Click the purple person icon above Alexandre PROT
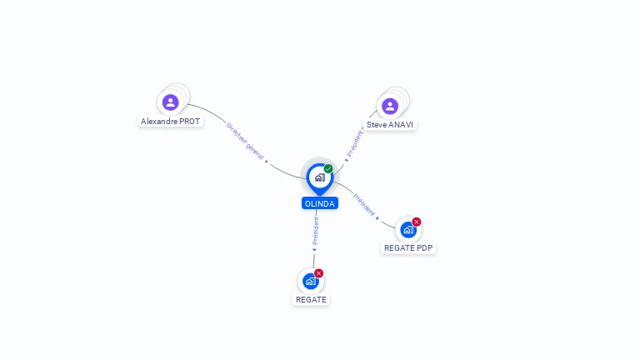tap(170, 102)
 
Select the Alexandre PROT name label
tap(171, 121)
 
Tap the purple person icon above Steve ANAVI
tap(389, 106)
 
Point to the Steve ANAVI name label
tap(390, 124)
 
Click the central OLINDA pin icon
tap(319, 177)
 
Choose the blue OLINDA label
tap(320, 203)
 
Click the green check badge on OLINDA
tap(328, 168)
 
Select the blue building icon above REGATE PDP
tap(407, 230)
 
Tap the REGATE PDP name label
tap(409, 247)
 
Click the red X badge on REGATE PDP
tap(417, 222)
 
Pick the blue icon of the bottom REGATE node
tap(310, 282)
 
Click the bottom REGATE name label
tap(311, 299)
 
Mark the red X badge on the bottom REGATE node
tap(318, 273)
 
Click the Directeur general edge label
tap(245, 142)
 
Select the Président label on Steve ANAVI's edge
tap(354, 142)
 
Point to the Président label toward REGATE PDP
tap(364, 204)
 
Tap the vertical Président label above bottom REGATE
tap(316, 231)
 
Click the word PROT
tap(190, 121)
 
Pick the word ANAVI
tap(401, 124)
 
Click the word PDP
tap(424, 247)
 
